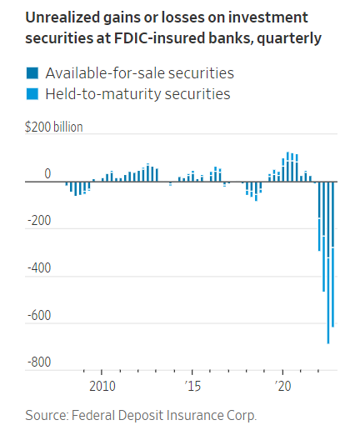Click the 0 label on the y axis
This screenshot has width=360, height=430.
click(x=47, y=174)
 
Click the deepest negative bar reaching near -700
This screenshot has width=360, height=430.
click(x=328, y=267)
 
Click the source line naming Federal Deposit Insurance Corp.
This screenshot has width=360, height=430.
click(x=141, y=413)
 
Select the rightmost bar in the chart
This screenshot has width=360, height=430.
click(x=333, y=250)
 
